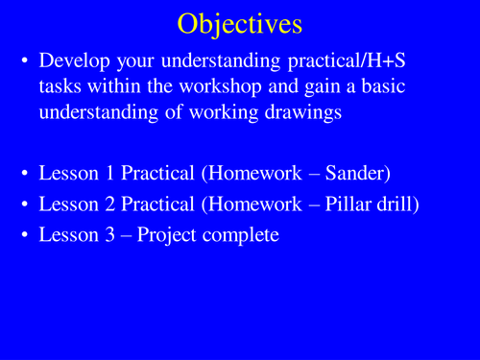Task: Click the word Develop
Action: [74, 61]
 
